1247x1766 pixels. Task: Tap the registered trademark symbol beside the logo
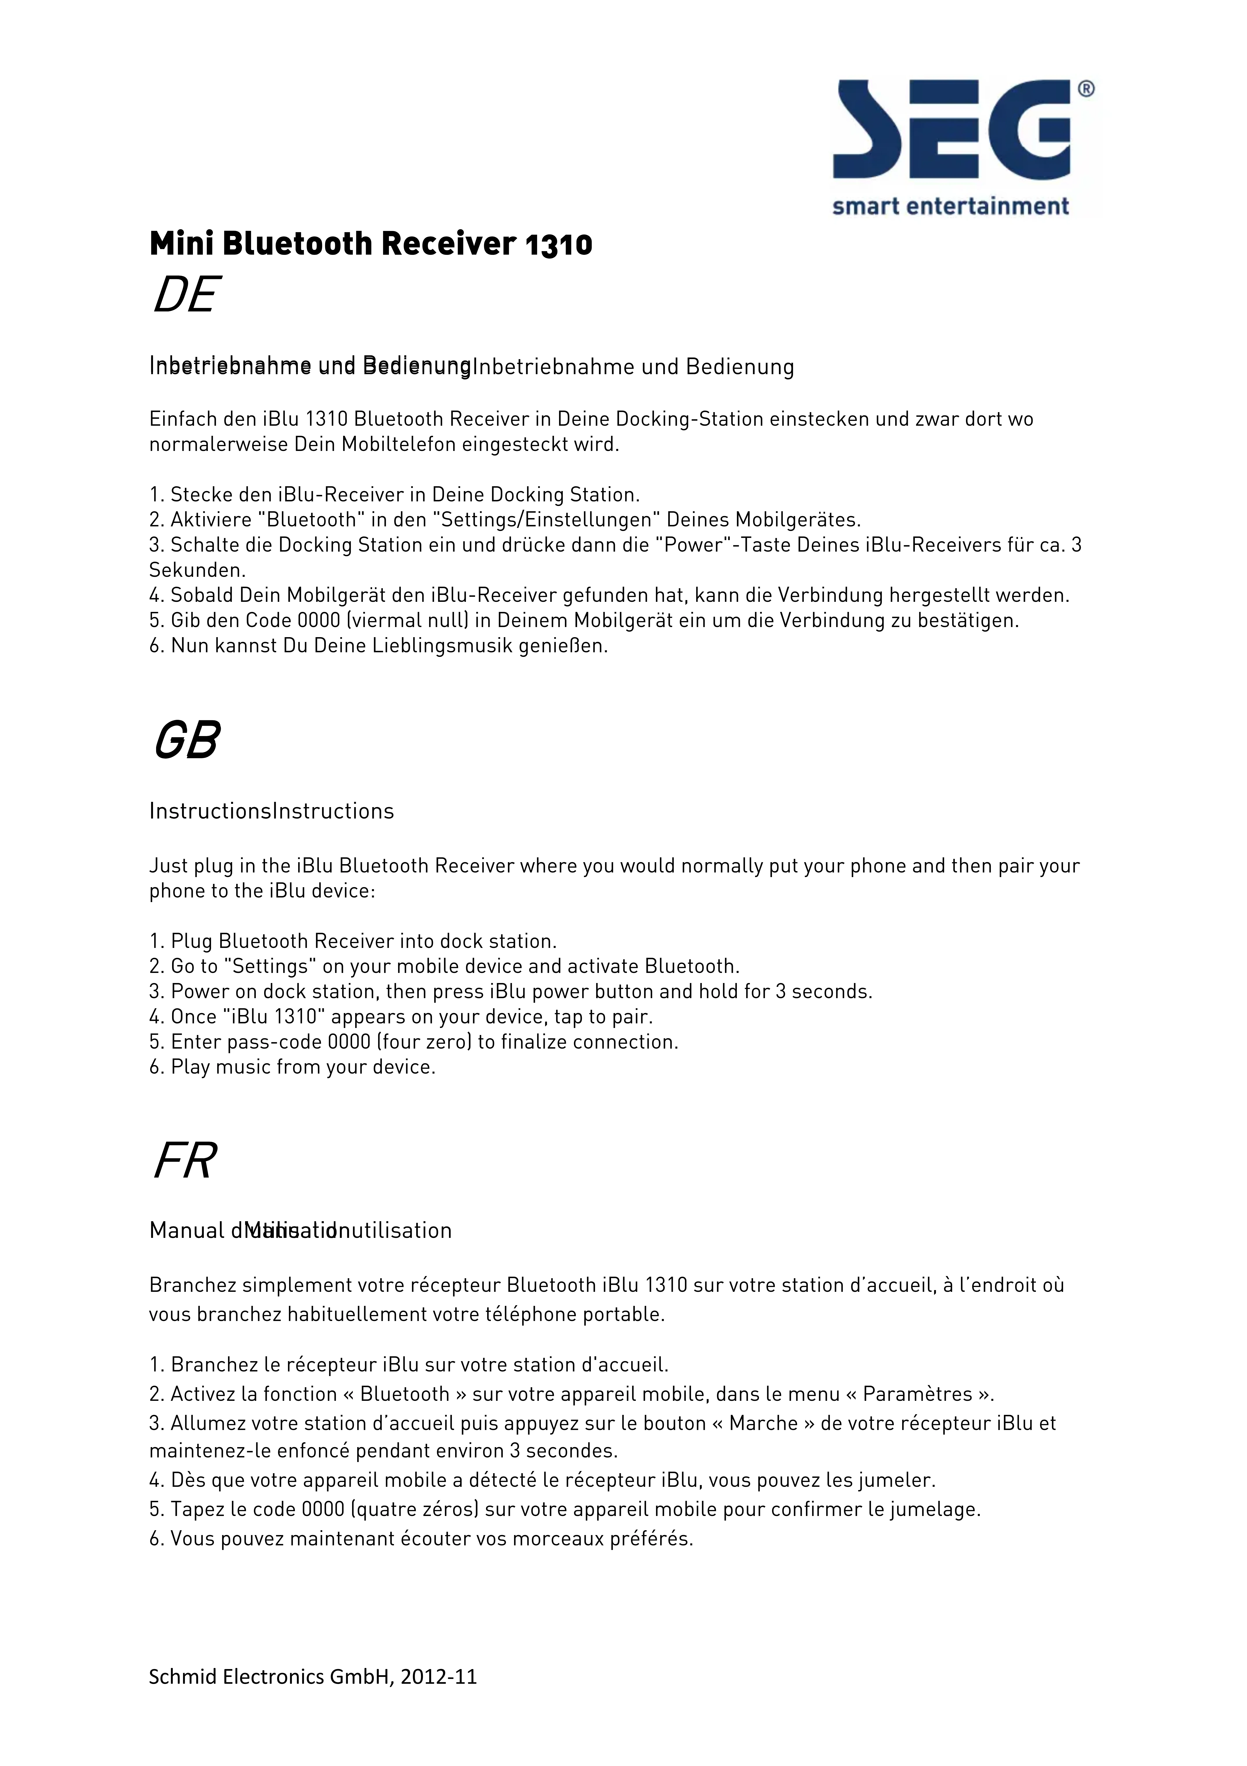tap(1086, 89)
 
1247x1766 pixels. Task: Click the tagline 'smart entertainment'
tap(950, 206)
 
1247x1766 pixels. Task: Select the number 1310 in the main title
tap(559, 245)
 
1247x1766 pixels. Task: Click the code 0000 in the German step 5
tap(318, 621)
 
